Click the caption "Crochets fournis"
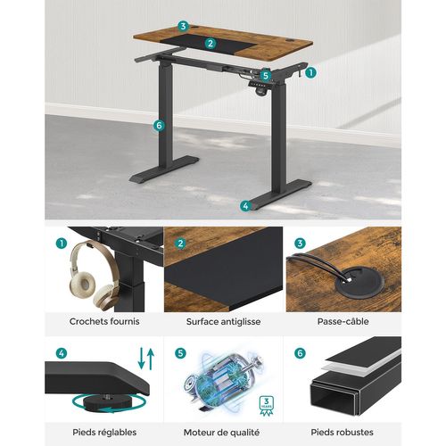[x=103, y=321]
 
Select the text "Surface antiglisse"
[x=222, y=321]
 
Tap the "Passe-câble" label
[x=342, y=321]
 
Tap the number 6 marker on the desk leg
[x=159, y=126]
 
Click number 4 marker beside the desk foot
[x=245, y=205]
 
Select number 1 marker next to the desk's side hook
[x=310, y=74]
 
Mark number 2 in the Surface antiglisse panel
[x=182, y=242]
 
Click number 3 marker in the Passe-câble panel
[x=301, y=242]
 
